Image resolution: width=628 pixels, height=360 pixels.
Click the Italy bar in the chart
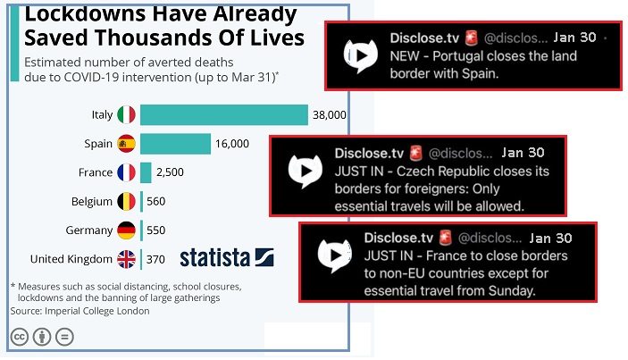pos(224,114)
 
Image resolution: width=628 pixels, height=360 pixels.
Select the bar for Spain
pos(175,144)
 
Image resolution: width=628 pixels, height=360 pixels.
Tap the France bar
pos(146,172)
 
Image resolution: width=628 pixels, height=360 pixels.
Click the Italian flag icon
pos(126,114)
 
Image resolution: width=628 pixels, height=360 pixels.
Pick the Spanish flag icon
pos(126,144)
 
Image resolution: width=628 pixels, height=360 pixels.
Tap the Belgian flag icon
pos(126,201)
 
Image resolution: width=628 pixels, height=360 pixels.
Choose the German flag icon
pos(126,230)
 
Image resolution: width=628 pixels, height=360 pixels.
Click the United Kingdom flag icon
pos(126,259)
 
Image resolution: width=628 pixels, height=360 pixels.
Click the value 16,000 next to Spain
pos(232,144)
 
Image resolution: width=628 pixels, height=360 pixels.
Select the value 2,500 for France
pos(170,172)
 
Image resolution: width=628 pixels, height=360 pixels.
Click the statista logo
pos(226,258)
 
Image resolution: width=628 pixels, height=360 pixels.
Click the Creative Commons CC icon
pos(18,337)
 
